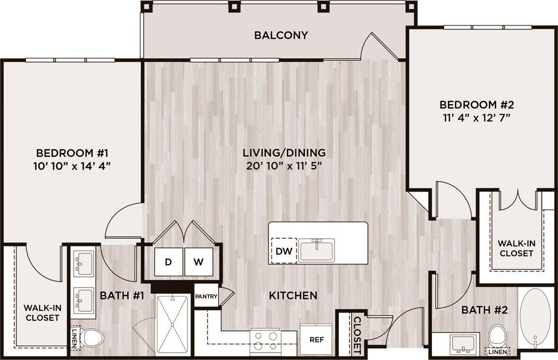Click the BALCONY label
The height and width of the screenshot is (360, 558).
tap(281, 35)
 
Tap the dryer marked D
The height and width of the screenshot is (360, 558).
tap(168, 262)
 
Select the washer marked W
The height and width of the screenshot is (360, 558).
tap(198, 262)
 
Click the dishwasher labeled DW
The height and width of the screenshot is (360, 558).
tap(284, 251)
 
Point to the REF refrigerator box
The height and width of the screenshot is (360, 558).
tap(316, 339)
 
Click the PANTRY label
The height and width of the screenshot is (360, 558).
tap(206, 296)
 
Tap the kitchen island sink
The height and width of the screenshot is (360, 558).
tap(316, 250)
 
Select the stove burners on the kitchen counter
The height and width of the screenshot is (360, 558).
tap(266, 340)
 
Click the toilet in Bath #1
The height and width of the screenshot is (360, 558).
tap(93, 337)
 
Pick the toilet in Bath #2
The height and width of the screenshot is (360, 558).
tap(497, 335)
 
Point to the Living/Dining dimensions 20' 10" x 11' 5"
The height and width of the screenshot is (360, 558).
tap(284, 165)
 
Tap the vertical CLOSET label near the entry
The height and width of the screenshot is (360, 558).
tap(357, 336)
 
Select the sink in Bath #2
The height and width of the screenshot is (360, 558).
tap(464, 344)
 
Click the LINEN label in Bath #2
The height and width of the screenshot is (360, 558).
tap(498, 352)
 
